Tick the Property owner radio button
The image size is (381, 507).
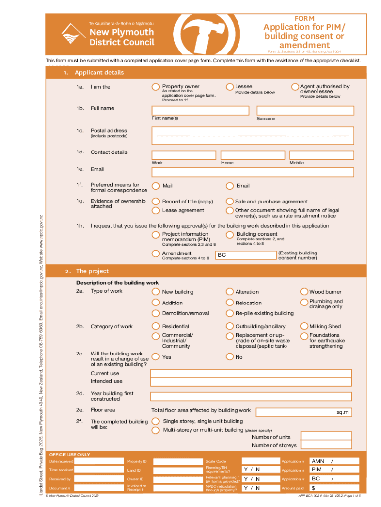pyautogui.click(x=156, y=87)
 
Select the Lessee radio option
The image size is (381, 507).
pyautogui.click(x=229, y=87)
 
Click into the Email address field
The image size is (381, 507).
pyautogui.click(x=253, y=172)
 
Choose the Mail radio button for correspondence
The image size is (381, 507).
pyautogui.click(x=156, y=186)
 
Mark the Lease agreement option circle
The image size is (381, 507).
pyautogui.click(x=156, y=210)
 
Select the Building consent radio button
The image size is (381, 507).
pyautogui.click(x=230, y=235)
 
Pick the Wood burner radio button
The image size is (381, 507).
pyautogui.click(x=303, y=292)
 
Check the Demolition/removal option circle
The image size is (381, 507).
pyautogui.click(x=156, y=313)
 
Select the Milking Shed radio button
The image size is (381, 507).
pyautogui.click(x=303, y=326)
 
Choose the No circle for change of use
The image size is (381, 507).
pyautogui.click(x=230, y=356)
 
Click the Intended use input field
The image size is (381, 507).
pyautogui.click(x=252, y=381)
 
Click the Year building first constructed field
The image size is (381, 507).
pyautogui.click(x=252, y=396)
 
